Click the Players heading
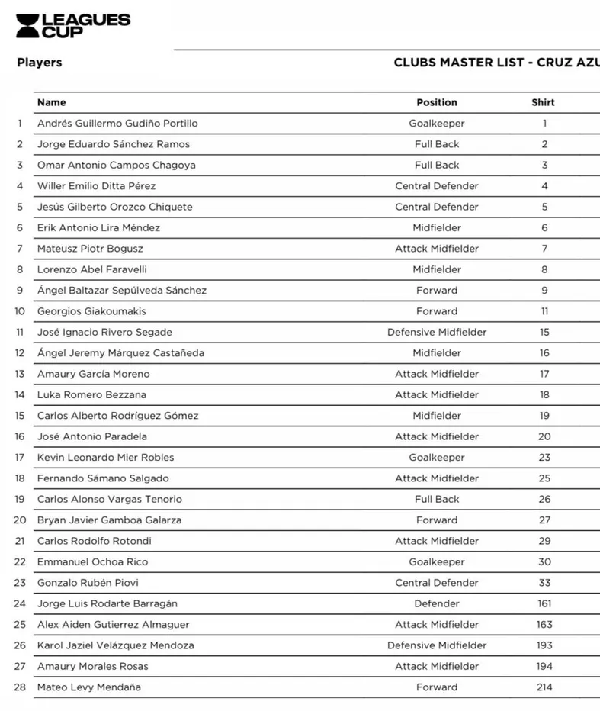pos(40,63)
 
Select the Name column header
pos(52,102)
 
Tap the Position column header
pos(437,102)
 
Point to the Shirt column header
pos(544,102)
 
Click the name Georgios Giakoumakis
pos(91,311)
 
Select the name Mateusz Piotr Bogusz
pos(90,249)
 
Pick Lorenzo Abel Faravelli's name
pos(92,269)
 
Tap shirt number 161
pos(544,603)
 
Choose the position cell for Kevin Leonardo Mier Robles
pos(437,458)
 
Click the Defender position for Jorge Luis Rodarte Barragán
pos(437,603)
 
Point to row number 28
pos(20,687)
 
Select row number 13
pos(20,374)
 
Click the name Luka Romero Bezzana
pos(91,395)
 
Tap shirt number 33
pos(544,583)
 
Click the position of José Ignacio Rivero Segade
pos(437,332)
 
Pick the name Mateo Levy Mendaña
pos(89,687)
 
